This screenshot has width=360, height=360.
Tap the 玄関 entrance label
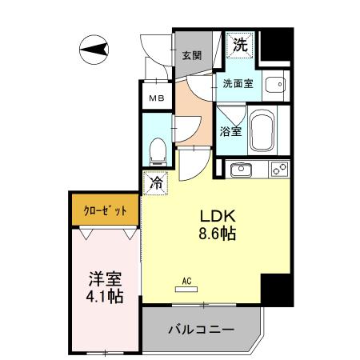pos(190,55)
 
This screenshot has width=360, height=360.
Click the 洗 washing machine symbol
pos(239,46)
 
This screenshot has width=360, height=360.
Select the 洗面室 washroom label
pos(238,83)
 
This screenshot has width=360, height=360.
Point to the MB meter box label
pos(154,99)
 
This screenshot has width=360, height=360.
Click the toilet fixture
pos(158,149)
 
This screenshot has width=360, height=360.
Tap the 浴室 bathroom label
pos(231,131)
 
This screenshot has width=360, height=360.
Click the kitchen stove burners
pos(279,170)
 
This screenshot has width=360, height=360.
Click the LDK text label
pos(216,217)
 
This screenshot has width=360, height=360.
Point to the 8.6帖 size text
pos(217,234)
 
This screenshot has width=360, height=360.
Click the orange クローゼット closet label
pos(106,210)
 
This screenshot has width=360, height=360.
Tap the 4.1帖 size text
pos(104,297)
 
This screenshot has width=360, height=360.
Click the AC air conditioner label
pos(185,281)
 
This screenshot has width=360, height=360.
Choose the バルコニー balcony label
pos(201,330)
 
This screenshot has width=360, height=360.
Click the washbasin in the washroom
pos(274,82)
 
